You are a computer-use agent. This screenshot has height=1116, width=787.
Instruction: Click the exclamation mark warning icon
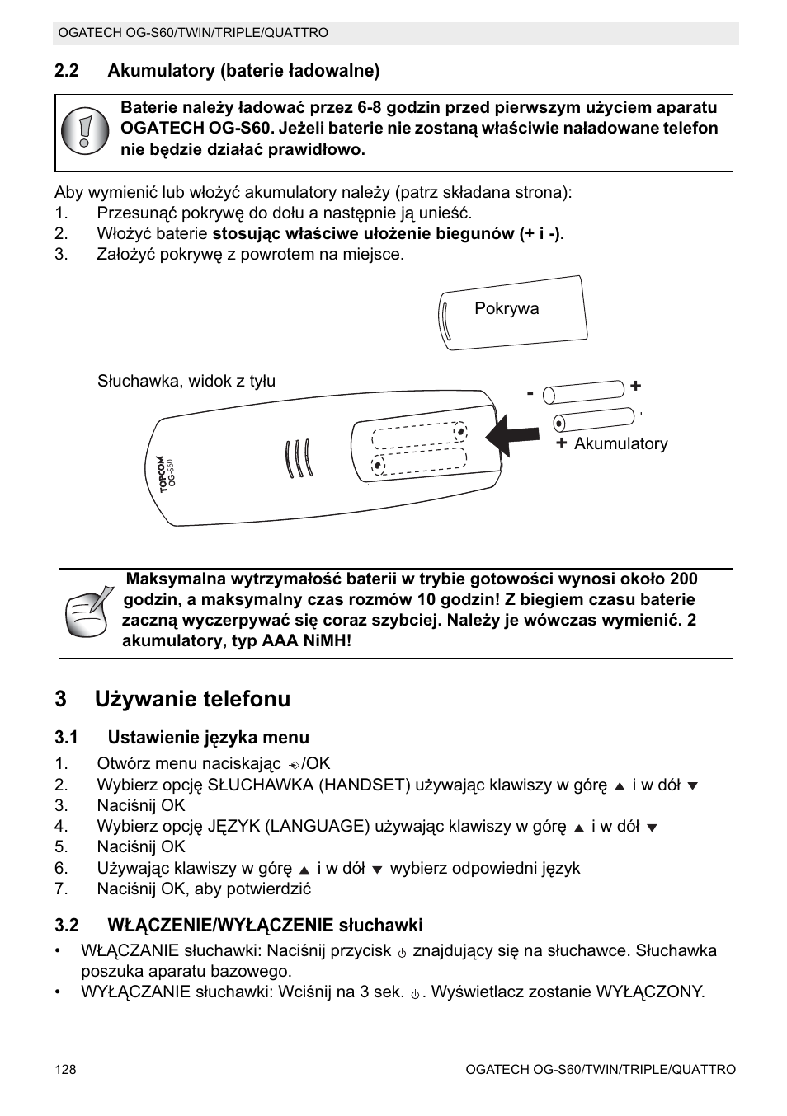(x=84, y=130)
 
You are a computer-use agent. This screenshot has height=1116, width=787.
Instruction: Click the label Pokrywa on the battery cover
(x=507, y=309)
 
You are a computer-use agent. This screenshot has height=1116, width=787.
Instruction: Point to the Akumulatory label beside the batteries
(x=620, y=444)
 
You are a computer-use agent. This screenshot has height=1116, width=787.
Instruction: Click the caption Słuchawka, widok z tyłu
(x=186, y=382)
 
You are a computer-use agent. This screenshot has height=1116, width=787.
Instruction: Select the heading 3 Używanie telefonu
(x=172, y=699)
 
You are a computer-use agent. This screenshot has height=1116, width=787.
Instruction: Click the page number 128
(x=65, y=1070)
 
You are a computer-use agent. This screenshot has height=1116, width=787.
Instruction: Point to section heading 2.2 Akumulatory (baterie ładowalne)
(x=217, y=71)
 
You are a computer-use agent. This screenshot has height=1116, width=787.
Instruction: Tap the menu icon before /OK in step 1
(x=292, y=765)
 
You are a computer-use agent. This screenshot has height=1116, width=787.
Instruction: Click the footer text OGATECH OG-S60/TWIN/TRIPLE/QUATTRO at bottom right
(x=600, y=1070)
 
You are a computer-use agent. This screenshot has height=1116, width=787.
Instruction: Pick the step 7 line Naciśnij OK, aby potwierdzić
(x=204, y=889)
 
